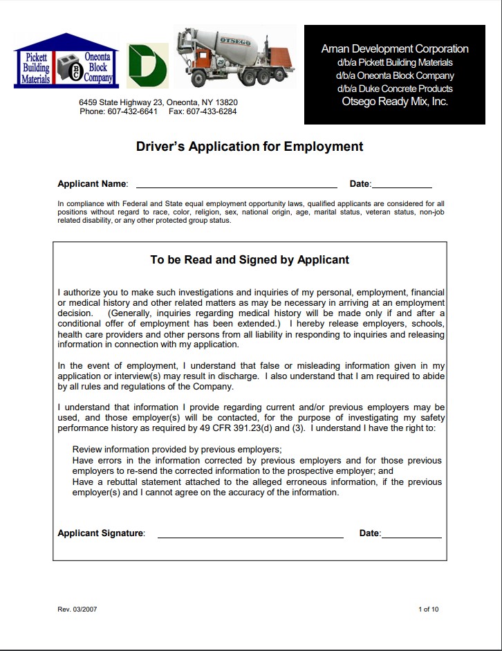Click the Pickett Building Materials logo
(36, 67)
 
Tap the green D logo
(147, 64)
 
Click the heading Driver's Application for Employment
(250, 147)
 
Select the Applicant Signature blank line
(250, 535)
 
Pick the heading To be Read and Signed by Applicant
(250, 260)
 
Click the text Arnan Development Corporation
(395, 49)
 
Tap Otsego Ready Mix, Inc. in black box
(395, 102)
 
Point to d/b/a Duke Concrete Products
(395, 89)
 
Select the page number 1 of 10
(428, 609)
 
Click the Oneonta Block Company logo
(95, 67)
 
